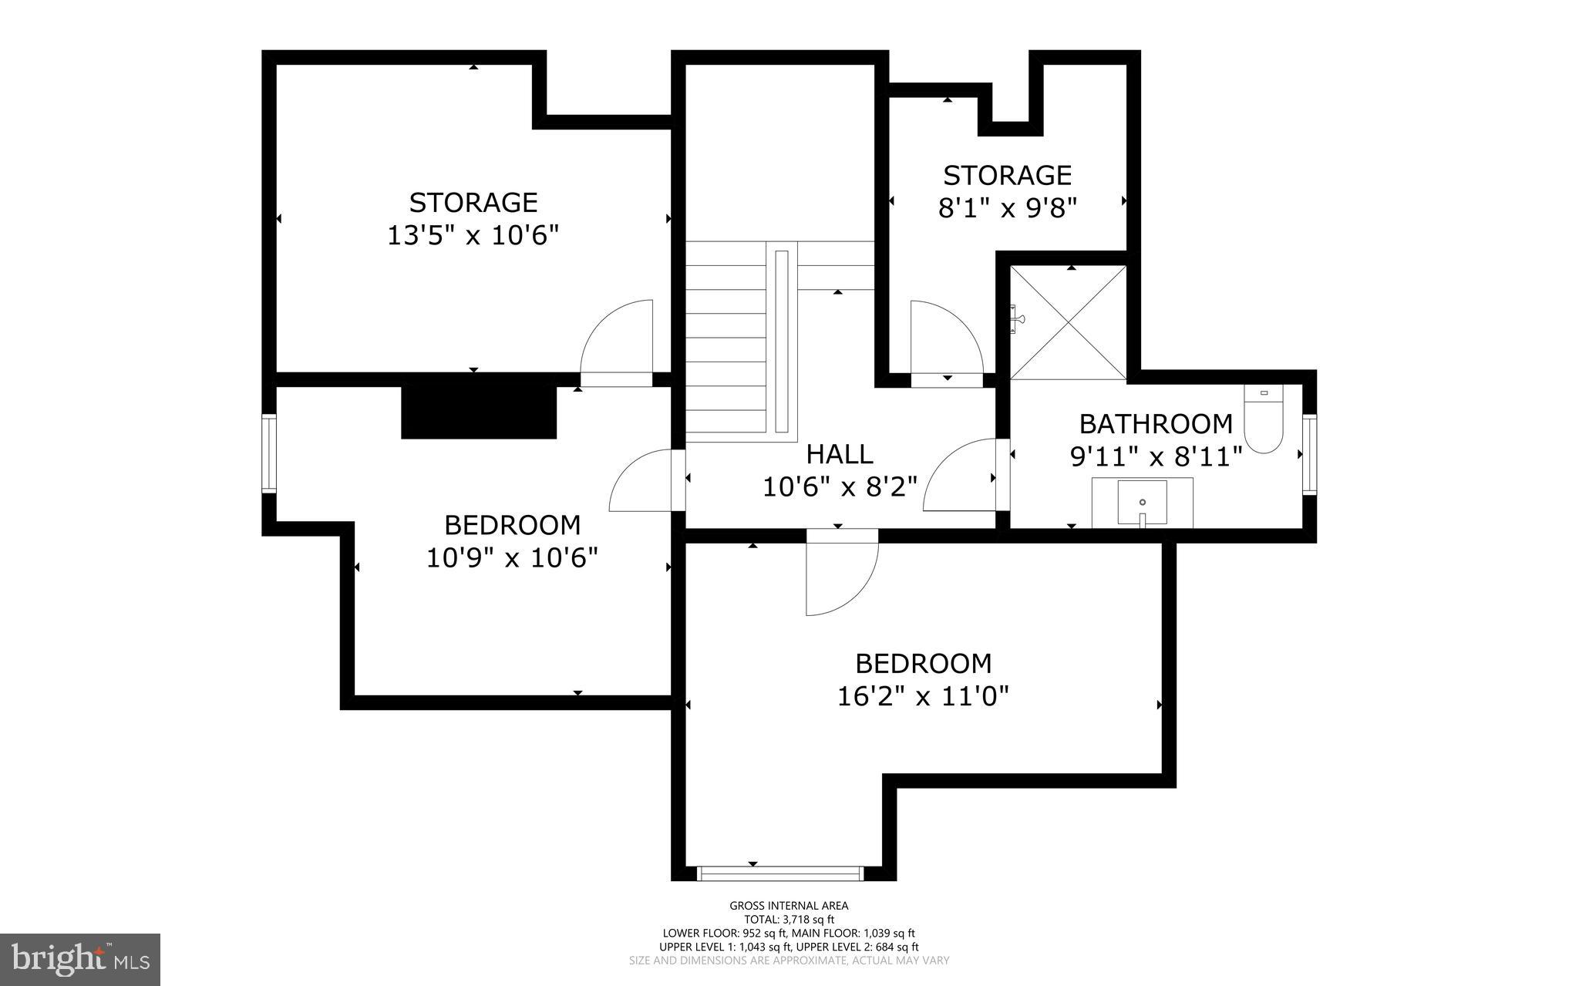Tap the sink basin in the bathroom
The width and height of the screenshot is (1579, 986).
click(x=1142, y=502)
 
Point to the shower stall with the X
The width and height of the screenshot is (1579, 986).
click(x=1068, y=322)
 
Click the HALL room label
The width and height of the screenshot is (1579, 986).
click(x=840, y=454)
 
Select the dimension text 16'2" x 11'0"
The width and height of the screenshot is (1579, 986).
click(x=923, y=697)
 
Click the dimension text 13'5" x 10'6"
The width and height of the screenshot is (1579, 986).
click(x=472, y=235)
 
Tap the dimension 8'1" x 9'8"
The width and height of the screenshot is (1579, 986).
click(x=1007, y=208)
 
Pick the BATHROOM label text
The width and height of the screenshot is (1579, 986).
click(x=1155, y=424)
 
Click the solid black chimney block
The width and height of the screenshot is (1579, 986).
click(x=479, y=412)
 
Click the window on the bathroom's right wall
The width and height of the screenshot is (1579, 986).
click(x=1308, y=453)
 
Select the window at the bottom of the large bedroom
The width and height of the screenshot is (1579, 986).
click(x=779, y=873)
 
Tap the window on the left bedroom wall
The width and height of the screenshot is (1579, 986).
click(x=268, y=453)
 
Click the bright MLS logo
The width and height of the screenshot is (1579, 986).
click(x=80, y=959)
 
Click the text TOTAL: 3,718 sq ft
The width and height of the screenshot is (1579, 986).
click(x=789, y=919)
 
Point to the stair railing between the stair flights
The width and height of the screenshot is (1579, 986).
click(x=782, y=342)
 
